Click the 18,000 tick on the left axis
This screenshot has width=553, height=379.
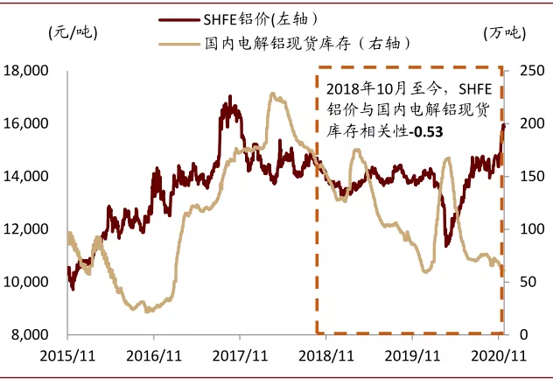tap(26, 71)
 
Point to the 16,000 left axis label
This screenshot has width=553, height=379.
tap(26, 123)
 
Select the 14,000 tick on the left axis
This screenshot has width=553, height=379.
tap(26, 177)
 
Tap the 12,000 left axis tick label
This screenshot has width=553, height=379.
tap(26, 229)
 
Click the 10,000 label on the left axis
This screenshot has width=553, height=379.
tap(26, 282)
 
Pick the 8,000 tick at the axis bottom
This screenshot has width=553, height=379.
tap(30, 335)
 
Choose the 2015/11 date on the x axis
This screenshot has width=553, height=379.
tap(66, 356)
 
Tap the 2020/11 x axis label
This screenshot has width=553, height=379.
tap(499, 356)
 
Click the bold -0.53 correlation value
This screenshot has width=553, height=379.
tap(429, 131)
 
